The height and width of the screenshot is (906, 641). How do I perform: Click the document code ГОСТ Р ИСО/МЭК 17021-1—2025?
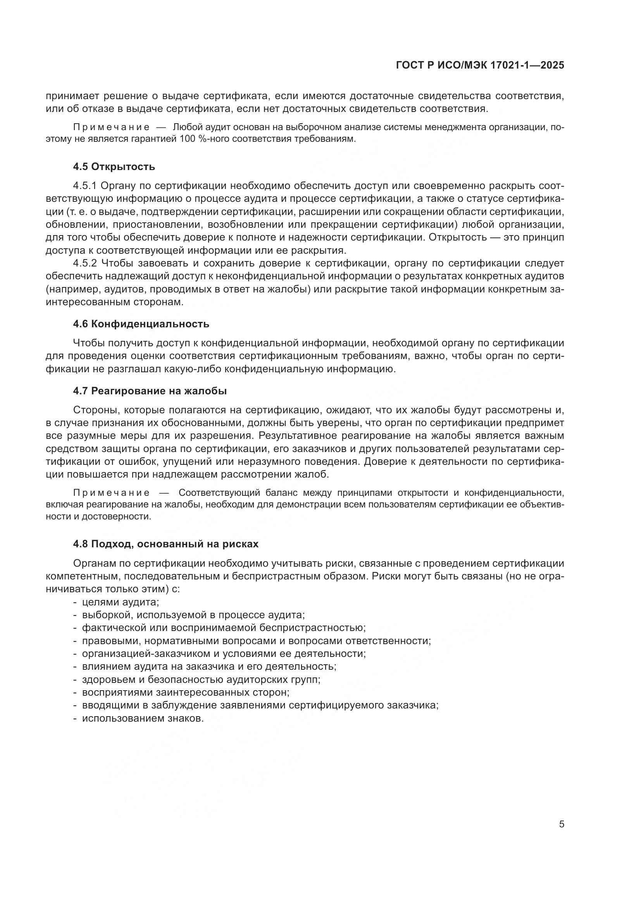[480, 65]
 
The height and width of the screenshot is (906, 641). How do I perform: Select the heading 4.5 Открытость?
[114, 167]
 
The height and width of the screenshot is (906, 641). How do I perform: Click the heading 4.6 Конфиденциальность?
[141, 324]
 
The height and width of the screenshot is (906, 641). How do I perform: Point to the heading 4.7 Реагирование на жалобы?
[150, 391]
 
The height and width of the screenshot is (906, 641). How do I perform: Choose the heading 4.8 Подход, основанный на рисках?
[165, 544]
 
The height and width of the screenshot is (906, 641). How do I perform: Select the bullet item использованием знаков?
[143, 718]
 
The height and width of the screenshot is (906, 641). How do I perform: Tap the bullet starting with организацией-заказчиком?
[223, 653]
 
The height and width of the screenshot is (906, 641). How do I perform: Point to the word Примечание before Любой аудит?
[111, 127]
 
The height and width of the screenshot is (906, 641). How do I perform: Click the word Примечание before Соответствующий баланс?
[111, 493]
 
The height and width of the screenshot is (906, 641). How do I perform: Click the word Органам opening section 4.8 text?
[93, 564]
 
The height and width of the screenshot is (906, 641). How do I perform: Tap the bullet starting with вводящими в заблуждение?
[260, 705]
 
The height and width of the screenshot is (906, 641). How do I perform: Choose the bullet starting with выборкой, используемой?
[193, 615]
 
